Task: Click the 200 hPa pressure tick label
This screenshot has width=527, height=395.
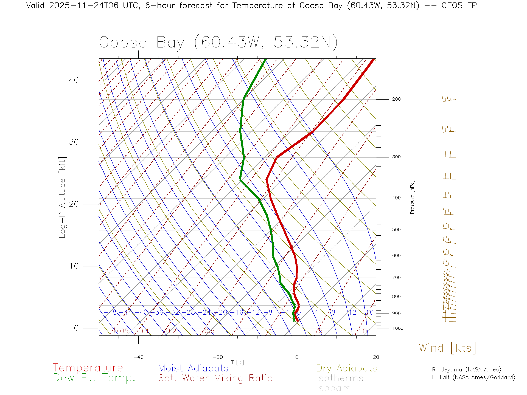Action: tap(396, 99)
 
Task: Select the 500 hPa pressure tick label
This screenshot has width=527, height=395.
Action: tap(396, 230)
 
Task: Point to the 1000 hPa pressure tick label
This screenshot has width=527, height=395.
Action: tap(397, 328)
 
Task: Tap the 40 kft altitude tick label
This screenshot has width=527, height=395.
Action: tap(74, 80)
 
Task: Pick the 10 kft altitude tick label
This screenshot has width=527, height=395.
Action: tap(74, 266)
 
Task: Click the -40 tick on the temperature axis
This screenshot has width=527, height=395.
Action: tap(138, 357)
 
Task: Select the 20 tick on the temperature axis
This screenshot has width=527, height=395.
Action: tap(376, 357)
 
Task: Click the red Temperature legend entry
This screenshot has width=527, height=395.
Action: tap(88, 368)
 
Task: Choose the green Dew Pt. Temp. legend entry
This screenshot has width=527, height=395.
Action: tap(94, 378)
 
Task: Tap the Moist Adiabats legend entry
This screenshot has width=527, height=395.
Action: tap(193, 368)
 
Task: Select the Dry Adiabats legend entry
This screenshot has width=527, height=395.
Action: tap(347, 368)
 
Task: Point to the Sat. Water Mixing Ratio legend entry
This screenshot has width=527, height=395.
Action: tap(215, 378)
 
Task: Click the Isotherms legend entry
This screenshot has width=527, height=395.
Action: tap(340, 378)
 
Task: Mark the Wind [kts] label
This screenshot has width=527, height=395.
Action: tap(447, 348)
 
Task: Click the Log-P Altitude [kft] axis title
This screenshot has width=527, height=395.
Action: tap(63, 198)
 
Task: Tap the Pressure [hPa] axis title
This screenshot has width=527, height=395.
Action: tap(412, 197)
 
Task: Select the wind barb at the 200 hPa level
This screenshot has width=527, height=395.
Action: tap(448, 99)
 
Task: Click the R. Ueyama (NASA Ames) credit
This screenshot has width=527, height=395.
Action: tap(466, 369)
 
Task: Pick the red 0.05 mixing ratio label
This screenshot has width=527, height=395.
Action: tap(121, 331)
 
